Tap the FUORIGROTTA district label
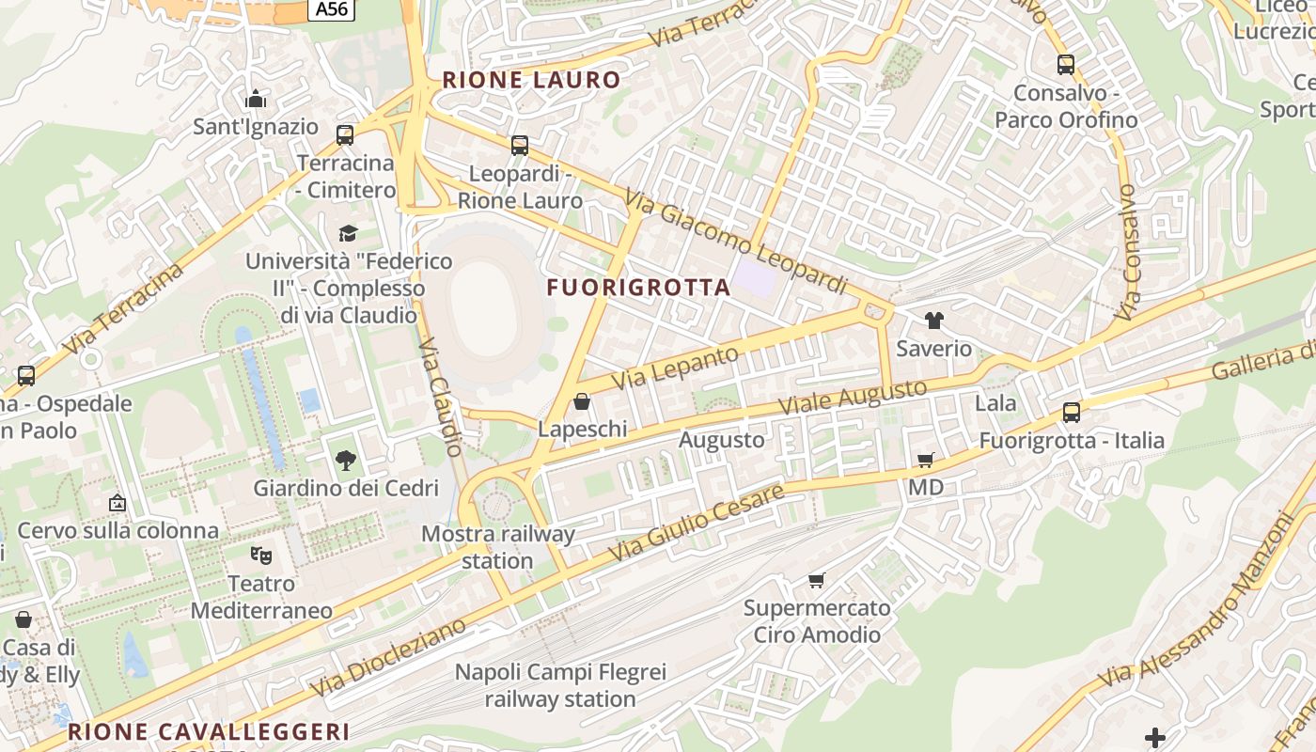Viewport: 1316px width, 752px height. (x=639, y=288)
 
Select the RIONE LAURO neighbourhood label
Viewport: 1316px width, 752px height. (x=532, y=80)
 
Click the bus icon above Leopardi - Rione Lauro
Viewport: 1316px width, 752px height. (x=520, y=146)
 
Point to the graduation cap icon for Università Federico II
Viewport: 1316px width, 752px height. (x=348, y=232)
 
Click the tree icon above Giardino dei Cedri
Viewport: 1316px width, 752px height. (x=346, y=461)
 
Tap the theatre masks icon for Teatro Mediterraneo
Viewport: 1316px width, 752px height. (x=261, y=556)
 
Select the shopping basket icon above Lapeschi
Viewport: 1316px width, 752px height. (x=582, y=402)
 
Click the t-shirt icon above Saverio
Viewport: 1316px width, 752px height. (x=933, y=321)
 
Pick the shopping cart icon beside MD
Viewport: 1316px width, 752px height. (x=926, y=460)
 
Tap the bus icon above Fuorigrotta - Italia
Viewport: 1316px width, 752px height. (x=1072, y=412)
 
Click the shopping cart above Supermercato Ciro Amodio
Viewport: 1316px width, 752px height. (x=817, y=580)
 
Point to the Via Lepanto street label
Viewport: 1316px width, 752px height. (x=676, y=368)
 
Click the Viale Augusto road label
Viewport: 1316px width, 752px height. (x=854, y=399)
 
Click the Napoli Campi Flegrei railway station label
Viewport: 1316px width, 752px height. (x=560, y=685)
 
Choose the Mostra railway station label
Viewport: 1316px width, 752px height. (x=497, y=547)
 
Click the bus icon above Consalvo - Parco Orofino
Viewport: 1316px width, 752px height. (x=1065, y=65)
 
